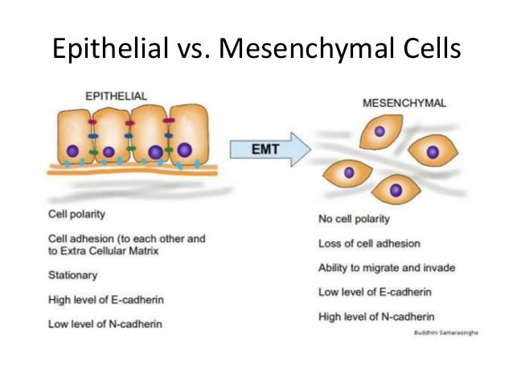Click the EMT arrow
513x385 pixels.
tap(270, 149)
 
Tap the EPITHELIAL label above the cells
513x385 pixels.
tap(116, 96)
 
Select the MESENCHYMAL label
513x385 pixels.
tap(404, 104)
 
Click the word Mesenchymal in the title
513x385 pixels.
tap(308, 48)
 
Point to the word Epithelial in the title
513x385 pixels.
tap(110, 48)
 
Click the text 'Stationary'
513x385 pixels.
tap(72, 276)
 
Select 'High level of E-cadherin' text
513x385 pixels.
tap(106, 300)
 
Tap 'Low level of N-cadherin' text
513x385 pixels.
tap(105, 324)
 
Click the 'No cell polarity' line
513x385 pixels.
tap(355, 219)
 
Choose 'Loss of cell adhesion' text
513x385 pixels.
tap(369, 244)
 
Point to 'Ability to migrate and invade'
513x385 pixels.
tap(387, 268)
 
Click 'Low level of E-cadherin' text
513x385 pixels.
tap(375, 292)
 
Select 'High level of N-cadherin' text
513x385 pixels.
tap(376, 317)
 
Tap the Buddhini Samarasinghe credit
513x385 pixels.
tap(446, 333)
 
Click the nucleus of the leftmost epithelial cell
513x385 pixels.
tap(72, 151)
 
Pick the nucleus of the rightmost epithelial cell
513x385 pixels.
tap(185, 149)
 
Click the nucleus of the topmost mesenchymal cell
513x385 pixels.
tap(380, 132)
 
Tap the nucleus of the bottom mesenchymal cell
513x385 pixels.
tap(396, 190)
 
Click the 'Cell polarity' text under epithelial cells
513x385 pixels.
tap(76, 215)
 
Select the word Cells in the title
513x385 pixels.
tap(432, 48)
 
